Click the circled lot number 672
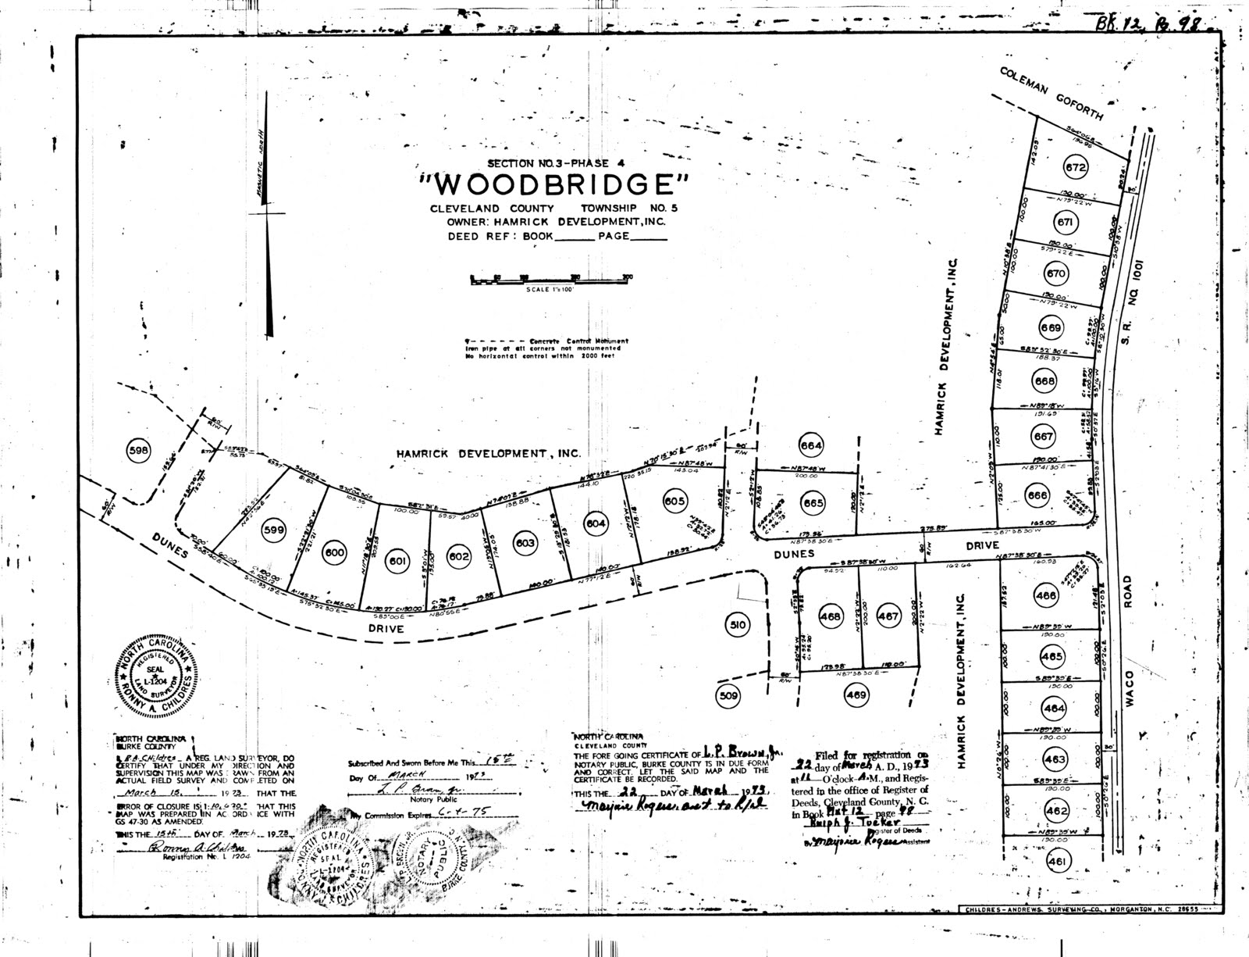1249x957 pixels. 1076,166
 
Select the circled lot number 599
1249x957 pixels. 272,527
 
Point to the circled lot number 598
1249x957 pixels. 141,449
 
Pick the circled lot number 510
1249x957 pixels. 738,625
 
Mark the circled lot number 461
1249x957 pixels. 1059,861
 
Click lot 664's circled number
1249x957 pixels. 811,446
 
